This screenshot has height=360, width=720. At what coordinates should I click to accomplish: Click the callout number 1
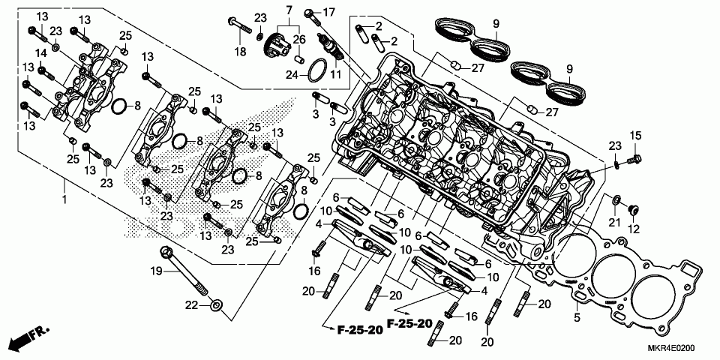[x=64, y=200]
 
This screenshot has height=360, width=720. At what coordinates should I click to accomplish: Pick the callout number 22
[x=193, y=304]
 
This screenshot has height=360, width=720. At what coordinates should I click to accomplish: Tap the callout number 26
[x=299, y=40]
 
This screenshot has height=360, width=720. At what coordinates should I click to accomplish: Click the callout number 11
[x=335, y=75]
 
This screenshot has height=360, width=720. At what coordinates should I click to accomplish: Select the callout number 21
[x=613, y=223]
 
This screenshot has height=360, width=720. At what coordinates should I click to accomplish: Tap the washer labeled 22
[x=217, y=305]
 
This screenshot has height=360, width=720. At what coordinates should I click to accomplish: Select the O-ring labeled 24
[x=318, y=70]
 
